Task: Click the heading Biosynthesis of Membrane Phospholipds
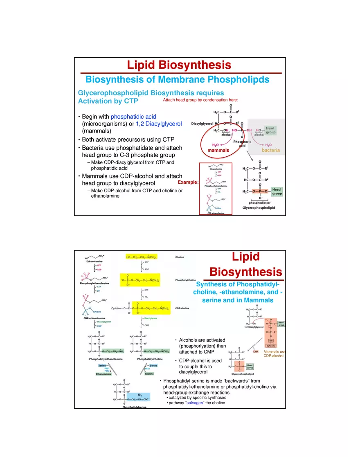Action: point(177,79)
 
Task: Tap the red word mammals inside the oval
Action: point(218,151)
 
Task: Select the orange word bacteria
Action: point(271,151)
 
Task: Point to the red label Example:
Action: point(188,182)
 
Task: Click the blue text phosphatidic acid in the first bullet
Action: point(133,117)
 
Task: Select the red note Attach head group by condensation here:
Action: point(200,100)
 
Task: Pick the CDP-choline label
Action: point(182,308)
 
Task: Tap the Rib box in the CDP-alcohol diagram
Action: point(271,340)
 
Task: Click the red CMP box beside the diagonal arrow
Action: point(256,351)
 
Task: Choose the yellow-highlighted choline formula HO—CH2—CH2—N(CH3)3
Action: point(142,257)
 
